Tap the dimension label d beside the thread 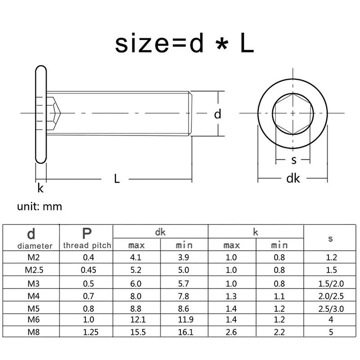(x=218, y=114)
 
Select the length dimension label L (x=117, y=179)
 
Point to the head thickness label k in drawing (x=40, y=188)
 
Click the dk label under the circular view (x=293, y=179)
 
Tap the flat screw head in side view (x=40, y=114)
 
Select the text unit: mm (x=40, y=207)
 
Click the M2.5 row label (x=31, y=270)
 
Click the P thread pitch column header (x=87, y=238)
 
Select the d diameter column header (x=31, y=238)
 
